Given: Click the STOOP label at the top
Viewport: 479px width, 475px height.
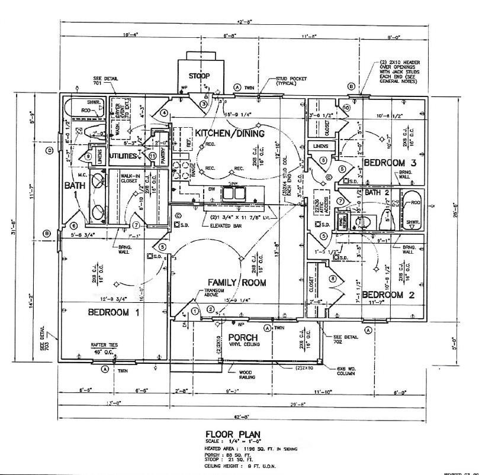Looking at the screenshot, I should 199,76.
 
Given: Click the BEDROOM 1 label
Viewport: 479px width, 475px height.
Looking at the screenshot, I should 113,313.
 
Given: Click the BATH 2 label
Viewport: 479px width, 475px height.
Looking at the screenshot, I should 377,193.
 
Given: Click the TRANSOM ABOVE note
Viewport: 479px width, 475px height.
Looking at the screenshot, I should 214,293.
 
